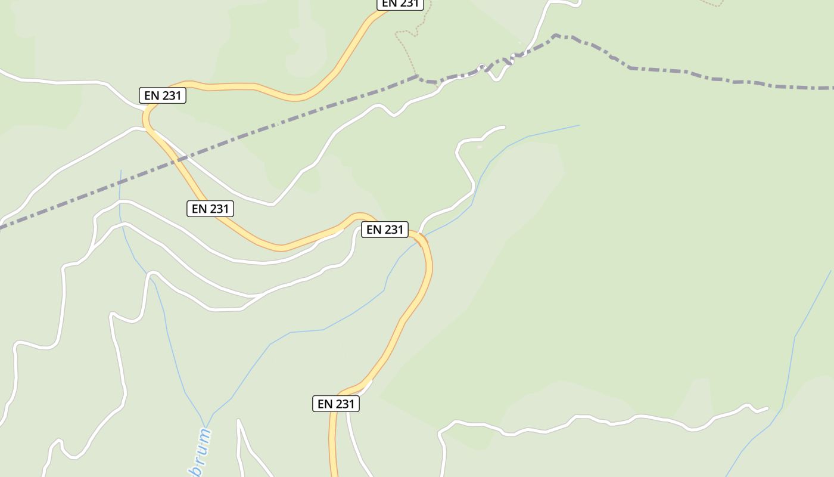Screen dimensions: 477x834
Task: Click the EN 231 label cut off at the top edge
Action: click(400, 4)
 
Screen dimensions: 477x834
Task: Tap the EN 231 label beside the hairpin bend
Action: click(163, 95)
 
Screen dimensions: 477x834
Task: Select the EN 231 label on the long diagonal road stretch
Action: click(210, 209)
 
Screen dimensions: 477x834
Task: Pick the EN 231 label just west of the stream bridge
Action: click(384, 230)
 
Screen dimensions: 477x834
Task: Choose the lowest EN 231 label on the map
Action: click(336, 404)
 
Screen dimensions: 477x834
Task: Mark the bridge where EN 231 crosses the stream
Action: click(421, 240)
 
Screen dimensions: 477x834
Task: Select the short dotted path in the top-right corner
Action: click(712, 4)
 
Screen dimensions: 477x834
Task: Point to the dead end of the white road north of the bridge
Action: click(504, 127)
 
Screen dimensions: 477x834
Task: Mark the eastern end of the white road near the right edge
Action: click(767, 408)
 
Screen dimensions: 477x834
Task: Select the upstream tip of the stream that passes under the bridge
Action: click(579, 125)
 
